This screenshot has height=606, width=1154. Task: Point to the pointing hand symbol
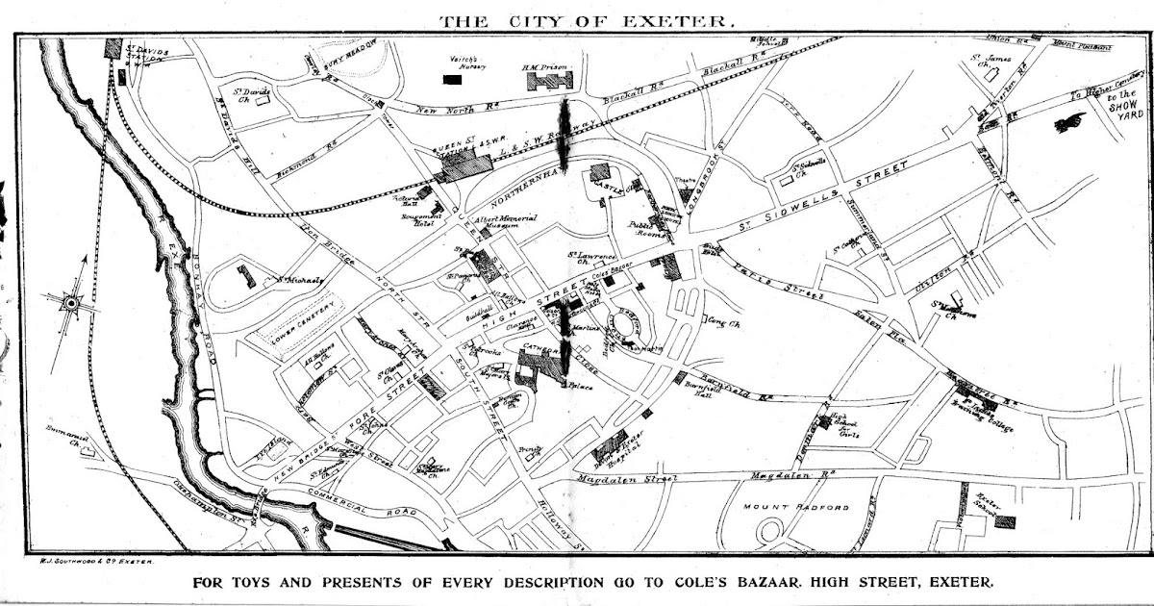1069,122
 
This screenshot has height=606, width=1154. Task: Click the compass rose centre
69,303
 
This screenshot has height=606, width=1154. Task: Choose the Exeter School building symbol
1004,521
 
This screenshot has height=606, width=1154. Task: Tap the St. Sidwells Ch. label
813,164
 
